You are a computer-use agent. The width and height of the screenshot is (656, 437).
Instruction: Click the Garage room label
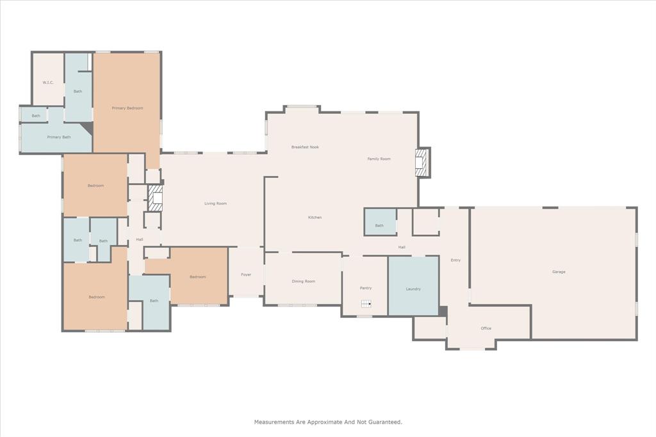(x=559, y=272)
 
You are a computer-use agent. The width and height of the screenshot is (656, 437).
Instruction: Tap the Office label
(x=486, y=328)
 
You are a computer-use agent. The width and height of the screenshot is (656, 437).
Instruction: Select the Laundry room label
(x=413, y=289)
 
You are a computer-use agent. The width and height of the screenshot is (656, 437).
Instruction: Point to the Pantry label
(x=366, y=288)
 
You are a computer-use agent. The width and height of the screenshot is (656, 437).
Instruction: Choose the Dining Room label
(x=303, y=282)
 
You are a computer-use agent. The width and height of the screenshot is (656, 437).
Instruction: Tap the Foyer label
(x=246, y=274)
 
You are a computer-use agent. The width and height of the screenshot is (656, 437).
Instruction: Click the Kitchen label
(x=315, y=218)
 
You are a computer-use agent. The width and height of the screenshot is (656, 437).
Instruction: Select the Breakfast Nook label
(x=305, y=147)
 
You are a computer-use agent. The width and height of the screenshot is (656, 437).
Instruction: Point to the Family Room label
(x=379, y=159)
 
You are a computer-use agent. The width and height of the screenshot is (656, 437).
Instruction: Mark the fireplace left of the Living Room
(x=156, y=198)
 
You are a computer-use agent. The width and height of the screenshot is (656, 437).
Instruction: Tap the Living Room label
(x=215, y=203)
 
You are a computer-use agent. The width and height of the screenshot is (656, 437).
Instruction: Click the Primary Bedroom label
(x=127, y=108)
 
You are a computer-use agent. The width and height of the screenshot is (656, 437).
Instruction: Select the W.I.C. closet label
(x=48, y=83)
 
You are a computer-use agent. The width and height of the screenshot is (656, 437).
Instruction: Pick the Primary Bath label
(x=59, y=137)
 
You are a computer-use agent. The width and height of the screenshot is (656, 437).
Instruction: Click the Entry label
(x=455, y=260)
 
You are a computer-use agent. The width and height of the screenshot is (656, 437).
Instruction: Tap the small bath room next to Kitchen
(x=379, y=225)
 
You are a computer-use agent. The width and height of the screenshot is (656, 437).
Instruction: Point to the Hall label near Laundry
(x=402, y=247)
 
